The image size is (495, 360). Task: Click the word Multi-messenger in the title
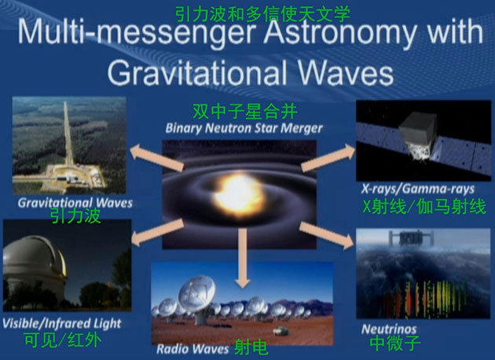coord(136,32)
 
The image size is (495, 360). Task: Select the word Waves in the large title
coord(346,73)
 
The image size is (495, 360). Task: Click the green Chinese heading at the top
coord(263,14)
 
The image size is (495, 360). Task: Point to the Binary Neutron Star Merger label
coord(244,128)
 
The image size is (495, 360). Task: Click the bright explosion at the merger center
coord(238,193)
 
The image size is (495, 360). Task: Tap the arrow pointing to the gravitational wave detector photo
coord(157,157)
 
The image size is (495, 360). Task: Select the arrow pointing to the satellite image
coord(328,157)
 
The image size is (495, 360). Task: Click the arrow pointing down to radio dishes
coord(243,258)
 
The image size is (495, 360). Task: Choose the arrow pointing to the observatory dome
coord(157,233)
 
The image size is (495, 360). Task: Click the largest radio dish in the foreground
coord(198,297)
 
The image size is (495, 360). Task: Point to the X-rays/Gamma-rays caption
coord(418,189)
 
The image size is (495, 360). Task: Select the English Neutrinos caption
coord(389,329)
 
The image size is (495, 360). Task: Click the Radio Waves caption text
coord(192,349)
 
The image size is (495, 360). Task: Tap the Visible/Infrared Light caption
coord(62,323)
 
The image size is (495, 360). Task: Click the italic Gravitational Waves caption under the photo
coord(75,203)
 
